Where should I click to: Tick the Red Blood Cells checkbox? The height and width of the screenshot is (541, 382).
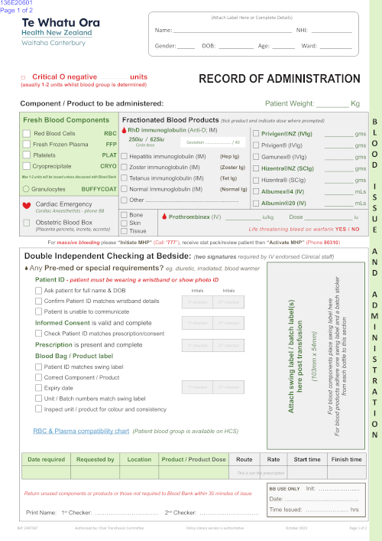pyautogui.click(x=27, y=133)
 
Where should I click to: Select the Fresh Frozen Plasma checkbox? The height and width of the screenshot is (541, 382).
pyautogui.click(x=27, y=144)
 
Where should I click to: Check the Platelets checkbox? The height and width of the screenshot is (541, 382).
pyautogui.click(x=27, y=155)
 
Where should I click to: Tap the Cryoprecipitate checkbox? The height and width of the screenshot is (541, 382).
pyautogui.click(x=27, y=165)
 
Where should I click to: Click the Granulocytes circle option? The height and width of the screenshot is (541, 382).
pyautogui.click(x=27, y=187)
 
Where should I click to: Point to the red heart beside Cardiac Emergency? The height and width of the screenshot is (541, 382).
pyautogui.click(x=27, y=205)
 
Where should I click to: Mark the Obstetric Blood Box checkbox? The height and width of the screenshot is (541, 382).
pyautogui.click(x=27, y=222)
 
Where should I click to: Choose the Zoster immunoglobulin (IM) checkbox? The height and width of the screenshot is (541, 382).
pyautogui.click(x=125, y=166)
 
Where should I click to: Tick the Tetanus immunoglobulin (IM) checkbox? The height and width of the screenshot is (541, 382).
pyautogui.click(x=125, y=177)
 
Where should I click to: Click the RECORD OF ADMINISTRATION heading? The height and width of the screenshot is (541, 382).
pyautogui.click(x=279, y=79)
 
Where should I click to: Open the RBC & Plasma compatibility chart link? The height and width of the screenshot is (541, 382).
pyautogui.click(x=81, y=431)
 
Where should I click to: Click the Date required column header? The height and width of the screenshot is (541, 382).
pyautogui.click(x=46, y=459)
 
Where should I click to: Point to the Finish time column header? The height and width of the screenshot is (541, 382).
pyautogui.click(x=346, y=459)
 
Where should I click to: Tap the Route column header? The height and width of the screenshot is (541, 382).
pyautogui.click(x=244, y=459)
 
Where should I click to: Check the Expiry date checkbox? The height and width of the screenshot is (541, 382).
pyautogui.click(x=38, y=388)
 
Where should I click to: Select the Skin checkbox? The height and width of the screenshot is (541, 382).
pyautogui.click(x=125, y=223)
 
